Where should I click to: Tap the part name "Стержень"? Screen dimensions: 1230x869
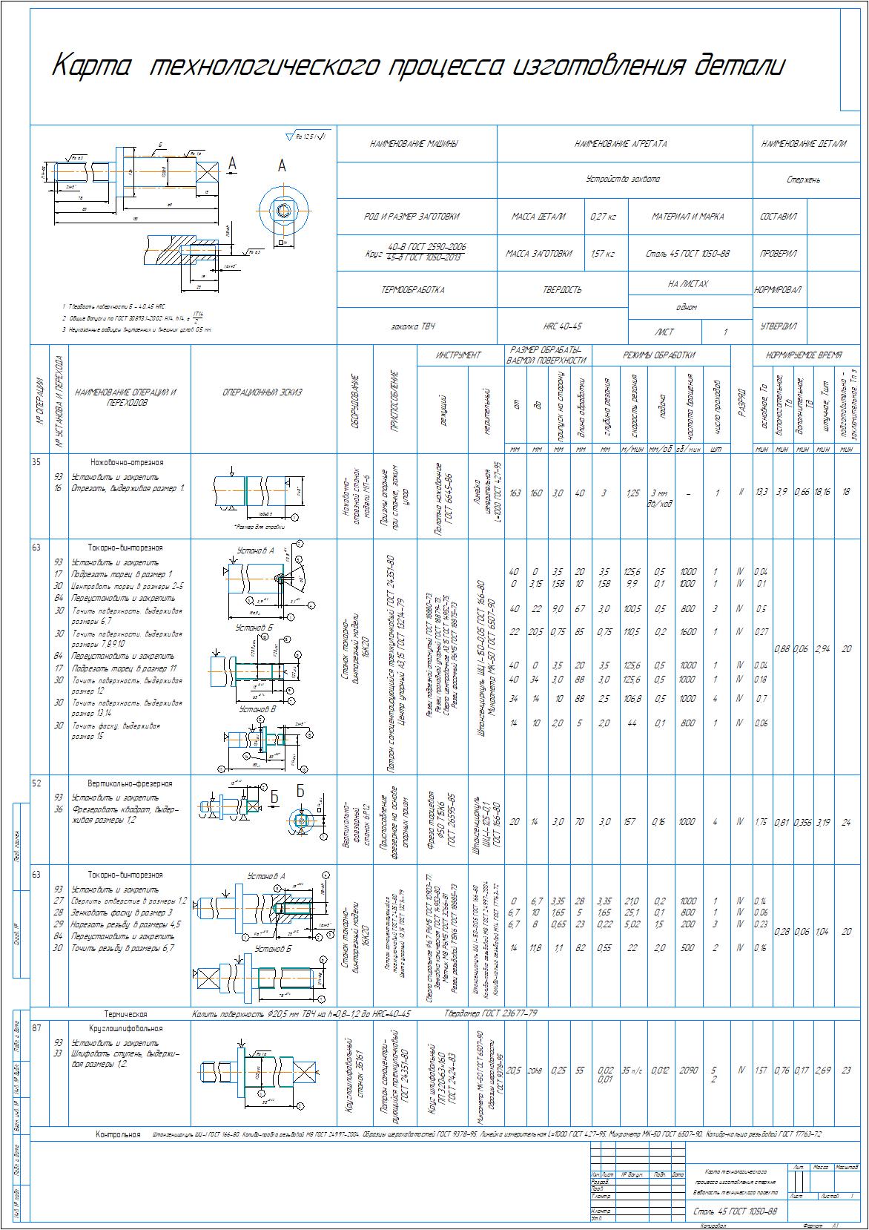(804, 180)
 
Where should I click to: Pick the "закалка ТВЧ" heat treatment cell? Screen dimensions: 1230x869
(412, 326)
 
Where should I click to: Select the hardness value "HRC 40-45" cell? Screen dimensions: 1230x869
(563, 326)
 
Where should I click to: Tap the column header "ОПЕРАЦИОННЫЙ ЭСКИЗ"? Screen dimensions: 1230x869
(262, 393)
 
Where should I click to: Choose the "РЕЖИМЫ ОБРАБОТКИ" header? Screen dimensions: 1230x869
(659, 355)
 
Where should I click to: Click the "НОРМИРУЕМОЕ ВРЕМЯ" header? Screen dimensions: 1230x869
(804, 355)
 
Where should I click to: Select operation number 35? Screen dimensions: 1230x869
(36, 461)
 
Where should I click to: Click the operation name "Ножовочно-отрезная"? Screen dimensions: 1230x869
(127, 462)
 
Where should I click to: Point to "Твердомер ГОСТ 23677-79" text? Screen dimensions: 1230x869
(491, 1013)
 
